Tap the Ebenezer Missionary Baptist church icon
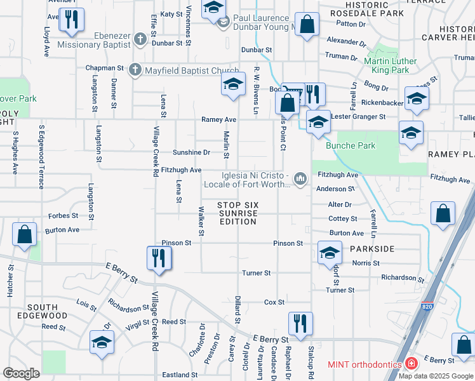tap(141, 39)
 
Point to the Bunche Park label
tap(351, 145)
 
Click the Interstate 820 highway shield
tap(426, 307)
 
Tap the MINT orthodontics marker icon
tap(411, 364)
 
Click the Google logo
tap(22, 373)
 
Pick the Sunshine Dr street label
tap(191, 152)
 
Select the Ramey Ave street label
tap(218, 119)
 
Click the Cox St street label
tap(274, 302)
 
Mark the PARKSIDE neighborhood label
tap(372, 249)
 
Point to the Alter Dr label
tap(340, 204)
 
